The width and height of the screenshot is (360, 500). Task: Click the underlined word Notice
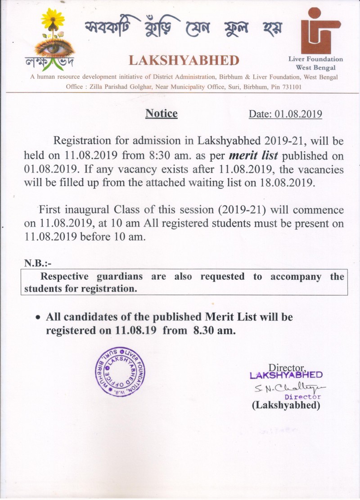162,114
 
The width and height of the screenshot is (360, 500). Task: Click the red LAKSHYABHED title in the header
184,60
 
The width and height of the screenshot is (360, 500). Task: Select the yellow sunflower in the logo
53,20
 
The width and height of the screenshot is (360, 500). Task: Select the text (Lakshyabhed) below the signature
286,405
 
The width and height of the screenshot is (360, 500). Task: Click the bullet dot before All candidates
39,318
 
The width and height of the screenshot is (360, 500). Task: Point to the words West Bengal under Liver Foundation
315,67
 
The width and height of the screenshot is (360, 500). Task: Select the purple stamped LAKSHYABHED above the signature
286,375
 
